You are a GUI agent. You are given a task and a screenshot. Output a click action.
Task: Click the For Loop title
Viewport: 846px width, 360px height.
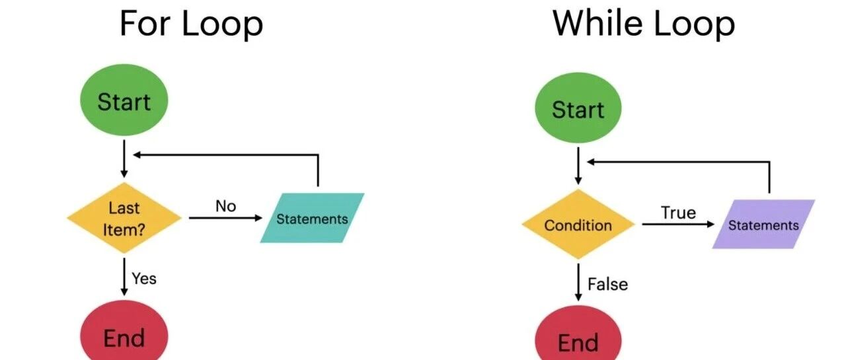pos(191,23)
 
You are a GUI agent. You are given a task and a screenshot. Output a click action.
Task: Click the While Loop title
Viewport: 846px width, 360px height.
pos(644,23)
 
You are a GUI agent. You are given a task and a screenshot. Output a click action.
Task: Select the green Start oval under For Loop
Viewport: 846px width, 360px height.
pos(124,100)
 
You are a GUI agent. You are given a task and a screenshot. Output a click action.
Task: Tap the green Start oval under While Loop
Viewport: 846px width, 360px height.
pos(578,108)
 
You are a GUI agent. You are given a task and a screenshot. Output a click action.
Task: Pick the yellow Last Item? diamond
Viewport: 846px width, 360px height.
pos(124,218)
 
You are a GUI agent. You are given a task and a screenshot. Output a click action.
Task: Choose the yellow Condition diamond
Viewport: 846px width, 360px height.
pos(578,225)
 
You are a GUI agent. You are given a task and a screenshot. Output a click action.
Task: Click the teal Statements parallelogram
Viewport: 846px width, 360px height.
pos(313,218)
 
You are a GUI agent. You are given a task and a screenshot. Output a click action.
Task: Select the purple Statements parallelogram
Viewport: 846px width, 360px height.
pos(763,224)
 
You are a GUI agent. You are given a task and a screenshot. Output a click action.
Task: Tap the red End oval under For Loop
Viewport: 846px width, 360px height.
pos(124,332)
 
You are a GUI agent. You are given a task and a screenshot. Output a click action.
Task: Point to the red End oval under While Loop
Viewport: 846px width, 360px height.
pos(578,335)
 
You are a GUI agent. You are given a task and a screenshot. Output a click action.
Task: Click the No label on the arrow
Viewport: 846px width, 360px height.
pos(226,206)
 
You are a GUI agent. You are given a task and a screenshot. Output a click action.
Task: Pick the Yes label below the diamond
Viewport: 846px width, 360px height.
pos(144,279)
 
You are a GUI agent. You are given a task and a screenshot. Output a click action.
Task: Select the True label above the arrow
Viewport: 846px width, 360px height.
pos(678,213)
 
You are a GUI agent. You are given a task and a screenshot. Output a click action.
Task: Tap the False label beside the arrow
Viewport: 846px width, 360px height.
pos(607,284)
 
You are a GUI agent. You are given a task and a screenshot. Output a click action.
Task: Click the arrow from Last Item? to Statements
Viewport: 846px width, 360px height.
pos(225,218)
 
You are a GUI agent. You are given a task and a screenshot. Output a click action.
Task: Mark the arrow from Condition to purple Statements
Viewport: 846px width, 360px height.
pos(678,224)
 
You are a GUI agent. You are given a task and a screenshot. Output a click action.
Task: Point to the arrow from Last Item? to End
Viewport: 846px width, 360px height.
pos(124,277)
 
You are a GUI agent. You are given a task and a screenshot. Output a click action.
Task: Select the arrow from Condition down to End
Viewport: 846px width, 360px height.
pos(578,282)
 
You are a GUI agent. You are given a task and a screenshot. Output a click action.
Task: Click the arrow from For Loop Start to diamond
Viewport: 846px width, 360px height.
pos(124,159)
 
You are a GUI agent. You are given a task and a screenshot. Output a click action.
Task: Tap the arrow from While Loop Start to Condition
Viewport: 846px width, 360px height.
pos(578,166)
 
